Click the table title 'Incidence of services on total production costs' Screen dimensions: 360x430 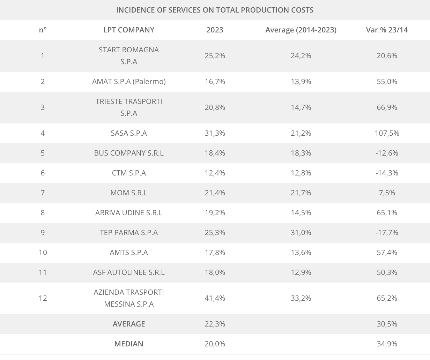click(x=215, y=10)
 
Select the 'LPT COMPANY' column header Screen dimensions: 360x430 click(x=129, y=30)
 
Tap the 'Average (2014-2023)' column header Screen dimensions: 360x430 click(x=301, y=30)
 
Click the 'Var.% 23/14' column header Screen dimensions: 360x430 click(x=387, y=30)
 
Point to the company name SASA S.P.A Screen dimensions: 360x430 click(x=129, y=133)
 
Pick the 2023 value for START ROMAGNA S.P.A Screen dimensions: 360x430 click(x=215, y=56)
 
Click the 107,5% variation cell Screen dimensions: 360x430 click(x=387, y=133)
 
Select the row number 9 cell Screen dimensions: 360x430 click(x=43, y=233)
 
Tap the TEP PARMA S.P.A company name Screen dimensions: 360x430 click(x=129, y=233)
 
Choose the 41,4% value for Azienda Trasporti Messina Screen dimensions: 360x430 click(x=215, y=298)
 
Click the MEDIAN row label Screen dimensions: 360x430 click(x=129, y=344)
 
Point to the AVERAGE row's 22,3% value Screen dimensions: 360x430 click(x=215, y=324)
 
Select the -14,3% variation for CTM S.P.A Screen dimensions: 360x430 click(x=387, y=173)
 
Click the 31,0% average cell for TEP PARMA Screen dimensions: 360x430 click(x=301, y=233)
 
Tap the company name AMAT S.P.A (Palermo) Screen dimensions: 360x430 click(x=129, y=82)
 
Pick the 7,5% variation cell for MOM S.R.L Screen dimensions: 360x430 click(x=387, y=193)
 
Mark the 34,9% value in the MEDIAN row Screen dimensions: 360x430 click(x=387, y=344)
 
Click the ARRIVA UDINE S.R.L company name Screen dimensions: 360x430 click(x=129, y=213)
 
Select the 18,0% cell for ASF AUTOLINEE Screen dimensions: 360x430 click(x=215, y=272)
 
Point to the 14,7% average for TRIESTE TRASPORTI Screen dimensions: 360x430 click(x=301, y=107)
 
